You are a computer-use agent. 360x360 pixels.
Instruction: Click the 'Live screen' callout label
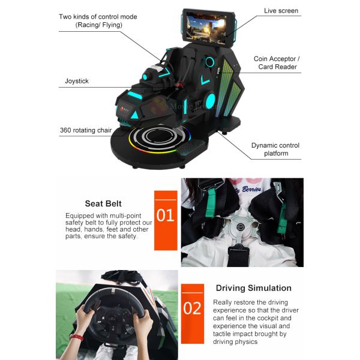pyautogui.click(x=281, y=11)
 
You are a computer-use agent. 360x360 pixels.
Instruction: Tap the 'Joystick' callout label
pyautogui.click(x=77, y=81)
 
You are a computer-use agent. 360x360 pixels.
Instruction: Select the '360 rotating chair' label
pyautogui.click(x=86, y=130)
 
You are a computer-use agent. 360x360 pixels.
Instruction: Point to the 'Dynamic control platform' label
pyautogui.click(x=275, y=149)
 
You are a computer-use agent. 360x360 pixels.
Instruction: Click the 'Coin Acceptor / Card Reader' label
pyautogui.click(x=277, y=62)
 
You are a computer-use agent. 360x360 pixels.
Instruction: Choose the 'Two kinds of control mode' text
pyautogui.click(x=98, y=17)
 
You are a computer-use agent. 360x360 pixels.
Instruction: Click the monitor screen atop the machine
pyautogui.click(x=206, y=28)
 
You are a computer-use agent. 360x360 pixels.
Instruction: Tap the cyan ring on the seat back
pyautogui.click(x=209, y=62)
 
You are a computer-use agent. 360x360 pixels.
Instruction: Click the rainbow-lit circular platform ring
pyautogui.click(x=160, y=139)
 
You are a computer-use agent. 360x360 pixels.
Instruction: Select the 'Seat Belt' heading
pyautogui.click(x=103, y=203)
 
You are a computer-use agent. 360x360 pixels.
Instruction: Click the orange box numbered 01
pyautogui.click(x=166, y=220)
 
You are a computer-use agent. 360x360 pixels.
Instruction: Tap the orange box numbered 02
pyautogui.click(x=193, y=314)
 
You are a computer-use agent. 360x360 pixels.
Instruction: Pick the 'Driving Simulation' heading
pyautogui.click(x=254, y=288)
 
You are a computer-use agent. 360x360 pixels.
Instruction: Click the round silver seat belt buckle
pyautogui.click(x=240, y=227)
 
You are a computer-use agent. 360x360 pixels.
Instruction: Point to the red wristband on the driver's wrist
pyautogui.click(x=77, y=337)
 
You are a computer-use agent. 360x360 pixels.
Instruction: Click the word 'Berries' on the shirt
pyautogui.click(x=251, y=190)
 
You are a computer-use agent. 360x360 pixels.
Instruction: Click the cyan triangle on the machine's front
pyautogui.click(x=135, y=115)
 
